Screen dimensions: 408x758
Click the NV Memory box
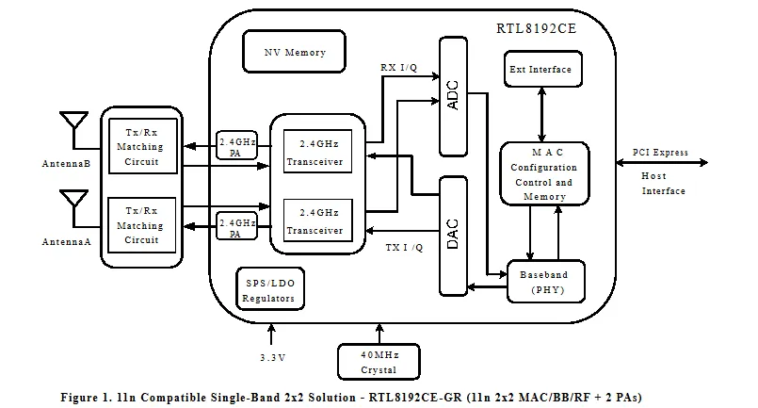coord(295,53)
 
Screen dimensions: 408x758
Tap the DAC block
coord(453,234)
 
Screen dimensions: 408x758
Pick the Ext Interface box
coord(540,70)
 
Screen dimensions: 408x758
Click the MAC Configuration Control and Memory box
coord(544,174)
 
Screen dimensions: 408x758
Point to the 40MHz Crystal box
coord(379,362)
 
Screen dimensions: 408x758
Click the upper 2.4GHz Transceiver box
coord(314,153)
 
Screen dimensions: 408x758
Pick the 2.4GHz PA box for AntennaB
coord(236,146)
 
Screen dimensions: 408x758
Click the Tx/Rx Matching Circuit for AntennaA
coord(140,226)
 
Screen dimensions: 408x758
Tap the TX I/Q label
coord(405,248)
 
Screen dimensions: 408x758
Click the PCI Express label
coord(660,152)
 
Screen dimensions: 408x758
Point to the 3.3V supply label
coord(273,357)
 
